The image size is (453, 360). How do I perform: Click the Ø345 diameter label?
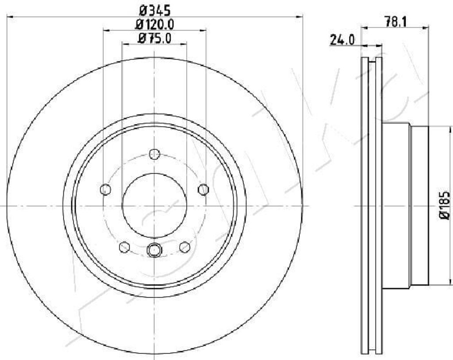click(x=154, y=11)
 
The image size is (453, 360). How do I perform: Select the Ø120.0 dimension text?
click(x=154, y=25)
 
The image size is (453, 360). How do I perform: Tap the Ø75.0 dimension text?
click(x=154, y=38)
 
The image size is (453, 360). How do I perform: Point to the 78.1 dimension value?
click(x=395, y=22)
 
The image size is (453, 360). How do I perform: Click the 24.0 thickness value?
click(x=342, y=40)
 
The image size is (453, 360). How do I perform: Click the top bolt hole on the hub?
click(x=154, y=154)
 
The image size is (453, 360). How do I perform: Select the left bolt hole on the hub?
click(x=105, y=190)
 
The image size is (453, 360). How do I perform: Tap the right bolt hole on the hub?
click(x=203, y=190)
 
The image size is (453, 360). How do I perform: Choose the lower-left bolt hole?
click(x=124, y=247)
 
